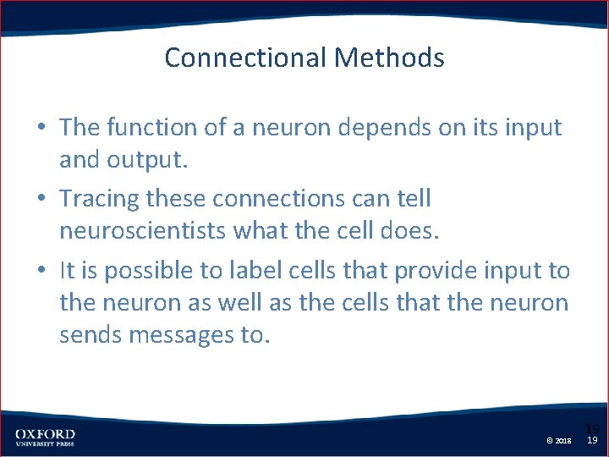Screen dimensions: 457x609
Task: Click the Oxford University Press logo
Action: coord(45,437)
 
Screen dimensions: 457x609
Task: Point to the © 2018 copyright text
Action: coord(559,441)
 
